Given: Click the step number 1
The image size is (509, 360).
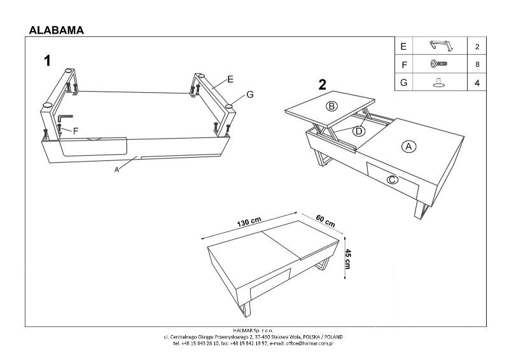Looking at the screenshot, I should click(47, 61).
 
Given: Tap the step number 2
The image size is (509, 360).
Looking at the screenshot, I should click(323, 85).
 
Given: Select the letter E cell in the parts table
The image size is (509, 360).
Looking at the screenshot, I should click(403, 46).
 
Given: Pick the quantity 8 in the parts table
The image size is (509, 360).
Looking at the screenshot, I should click(476, 64).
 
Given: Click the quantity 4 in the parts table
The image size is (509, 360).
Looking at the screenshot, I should click(476, 82).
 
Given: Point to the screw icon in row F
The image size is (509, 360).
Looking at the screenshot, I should click(440, 64).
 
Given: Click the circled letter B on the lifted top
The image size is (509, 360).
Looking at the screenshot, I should click(331, 106).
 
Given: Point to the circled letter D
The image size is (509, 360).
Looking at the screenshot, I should click(358, 131).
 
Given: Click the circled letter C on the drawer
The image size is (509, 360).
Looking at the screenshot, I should click(391, 179).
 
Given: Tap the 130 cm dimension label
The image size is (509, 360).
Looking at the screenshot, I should click(249, 222).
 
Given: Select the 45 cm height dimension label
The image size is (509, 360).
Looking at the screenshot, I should click(347, 259).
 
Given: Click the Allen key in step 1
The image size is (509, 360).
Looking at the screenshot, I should click(65, 119).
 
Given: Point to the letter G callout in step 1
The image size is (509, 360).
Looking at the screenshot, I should click(250, 95).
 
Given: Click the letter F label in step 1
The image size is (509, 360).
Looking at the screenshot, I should click(75, 132).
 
